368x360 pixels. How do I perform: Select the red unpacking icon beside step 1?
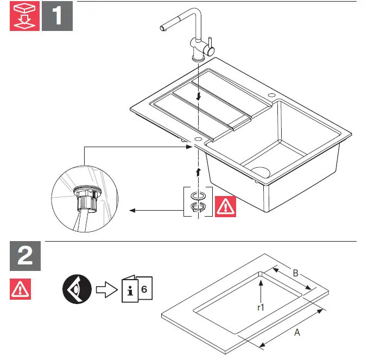(25, 16)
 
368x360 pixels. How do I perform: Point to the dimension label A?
(296, 333)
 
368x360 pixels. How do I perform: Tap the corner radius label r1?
(261, 307)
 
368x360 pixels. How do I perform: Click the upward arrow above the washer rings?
(199, 172)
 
